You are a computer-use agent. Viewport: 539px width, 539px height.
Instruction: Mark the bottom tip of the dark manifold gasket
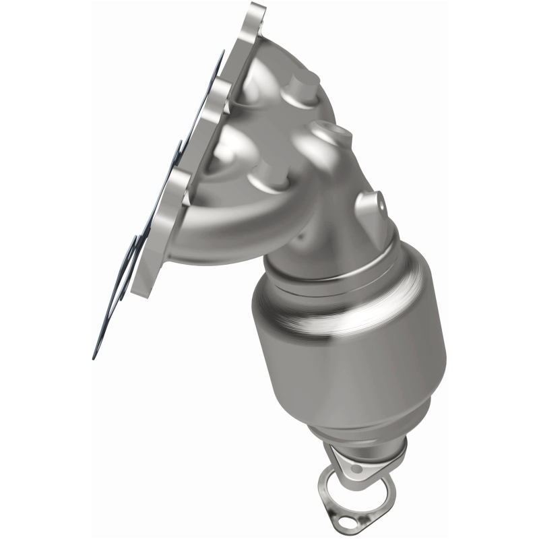pyautogui.click(x=95, y=355)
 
